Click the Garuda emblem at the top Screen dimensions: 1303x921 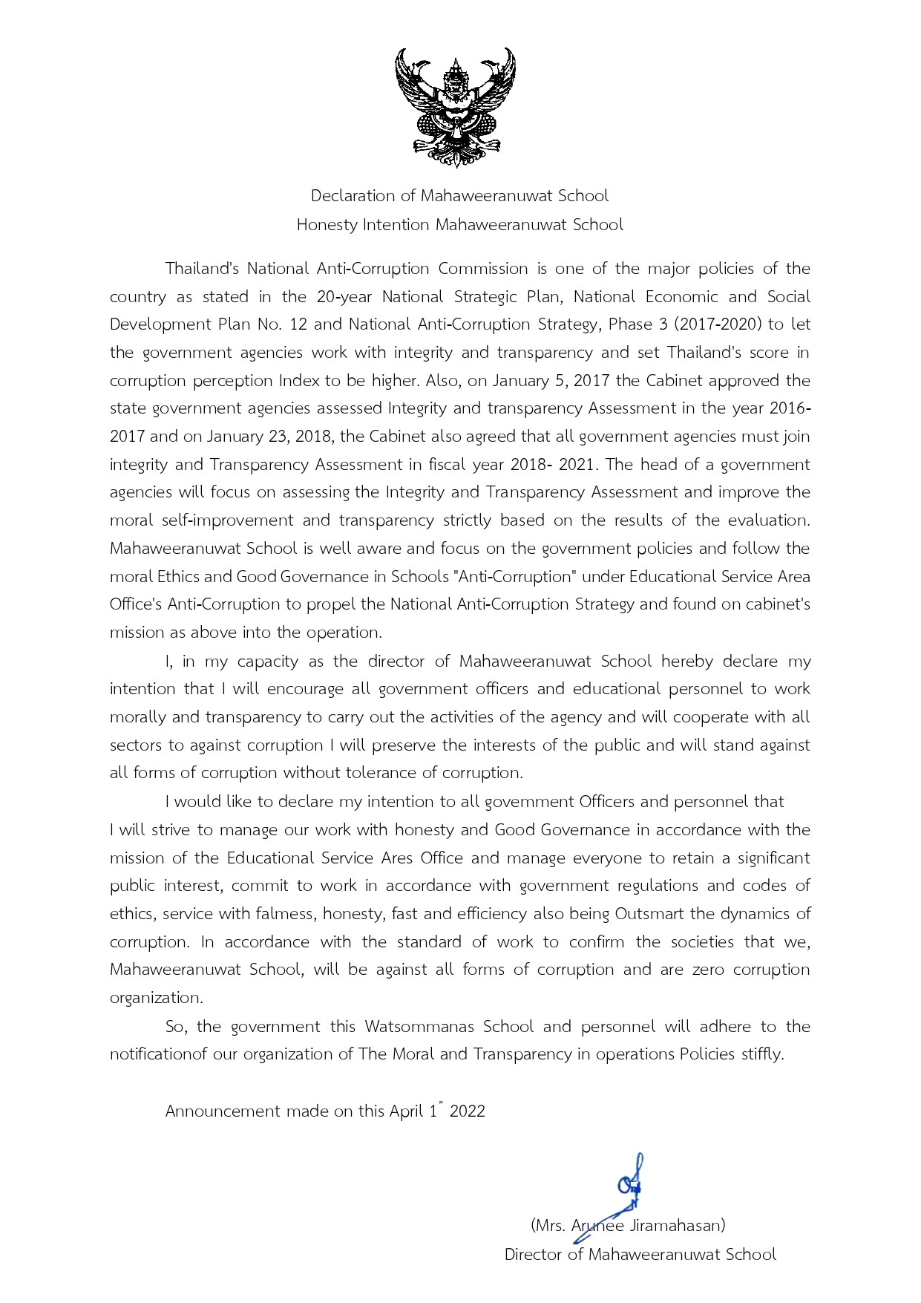click(455, 108)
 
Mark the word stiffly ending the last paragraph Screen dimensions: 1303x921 click(762, 1054)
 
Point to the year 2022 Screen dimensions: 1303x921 click(468, 1111)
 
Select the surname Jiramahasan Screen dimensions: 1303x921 click(675, 1226)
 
